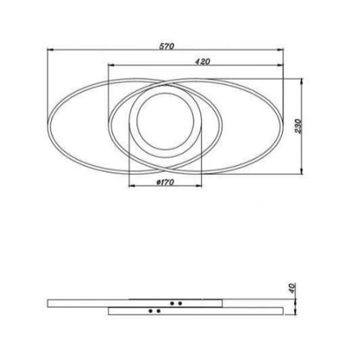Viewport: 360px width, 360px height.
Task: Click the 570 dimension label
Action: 167,46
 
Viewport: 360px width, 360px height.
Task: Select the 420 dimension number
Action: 203,62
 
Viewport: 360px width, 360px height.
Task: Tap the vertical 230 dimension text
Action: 298,126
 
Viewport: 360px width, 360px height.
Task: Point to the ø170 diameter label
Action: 165,183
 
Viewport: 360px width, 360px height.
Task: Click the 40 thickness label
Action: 292,288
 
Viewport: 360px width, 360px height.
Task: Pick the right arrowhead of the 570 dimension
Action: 280,49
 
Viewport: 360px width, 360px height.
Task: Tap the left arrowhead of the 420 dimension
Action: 111,65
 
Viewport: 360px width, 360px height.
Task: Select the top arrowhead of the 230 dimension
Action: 301,82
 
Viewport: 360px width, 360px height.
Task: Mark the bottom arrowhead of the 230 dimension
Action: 301,171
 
